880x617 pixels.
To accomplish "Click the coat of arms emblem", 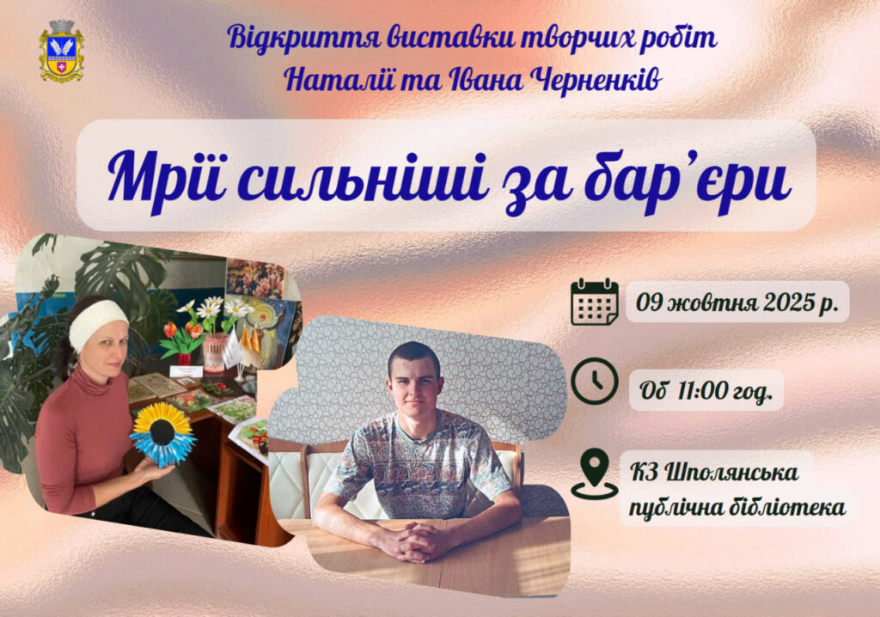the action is (62, 51).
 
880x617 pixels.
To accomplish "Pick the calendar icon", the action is (595, 302).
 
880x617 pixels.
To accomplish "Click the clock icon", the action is (594, 382).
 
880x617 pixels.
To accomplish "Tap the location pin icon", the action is (594, 473).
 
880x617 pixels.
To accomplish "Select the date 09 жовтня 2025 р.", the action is (736, 302).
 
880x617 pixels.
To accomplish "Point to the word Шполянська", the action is (732, 473).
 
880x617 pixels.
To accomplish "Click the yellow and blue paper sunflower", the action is (162, 432).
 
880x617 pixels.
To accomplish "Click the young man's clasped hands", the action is (419, 541).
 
